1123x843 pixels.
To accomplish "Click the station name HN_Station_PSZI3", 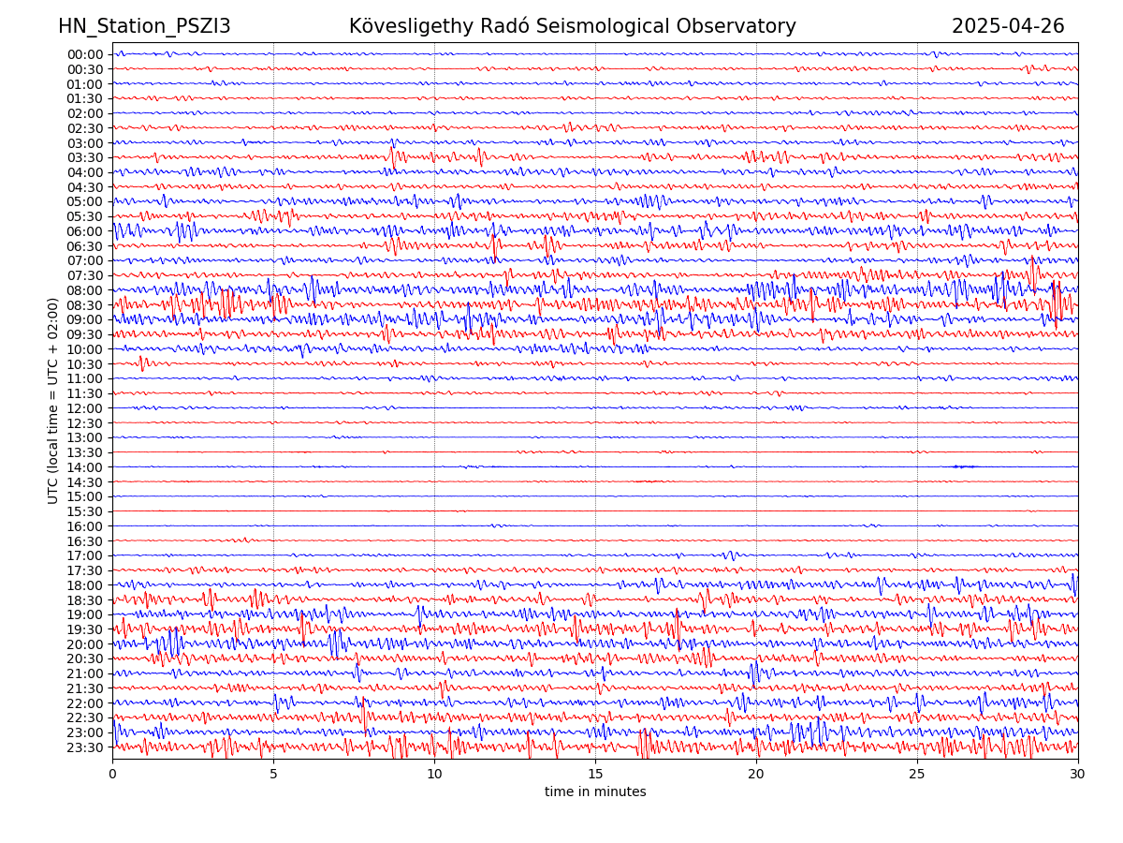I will point(144,27).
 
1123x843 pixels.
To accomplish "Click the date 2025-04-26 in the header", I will point(1008,27).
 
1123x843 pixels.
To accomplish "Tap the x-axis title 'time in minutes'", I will point(595,792).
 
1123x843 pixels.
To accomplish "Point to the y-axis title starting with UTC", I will point(53,401).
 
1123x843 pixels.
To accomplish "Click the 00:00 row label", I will point(85,54).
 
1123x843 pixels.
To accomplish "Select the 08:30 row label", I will point(85,305).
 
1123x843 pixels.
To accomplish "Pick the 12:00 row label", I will point(85,408).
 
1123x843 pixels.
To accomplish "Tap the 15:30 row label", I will point(85,511).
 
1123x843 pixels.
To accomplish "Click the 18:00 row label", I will point(85,585).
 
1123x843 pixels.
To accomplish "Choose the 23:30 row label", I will point(85,747).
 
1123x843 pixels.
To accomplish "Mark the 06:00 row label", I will point(85,231).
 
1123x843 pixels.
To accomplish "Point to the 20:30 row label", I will point(85,659).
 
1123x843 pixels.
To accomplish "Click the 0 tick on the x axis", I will point(112,775).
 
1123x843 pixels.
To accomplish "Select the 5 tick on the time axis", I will point(273,775).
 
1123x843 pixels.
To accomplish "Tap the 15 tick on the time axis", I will point(595,775).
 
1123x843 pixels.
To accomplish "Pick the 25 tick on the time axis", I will point(917,775).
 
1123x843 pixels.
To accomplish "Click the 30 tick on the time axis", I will point(1078,775).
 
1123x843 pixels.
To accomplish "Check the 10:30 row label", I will point(85,364).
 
